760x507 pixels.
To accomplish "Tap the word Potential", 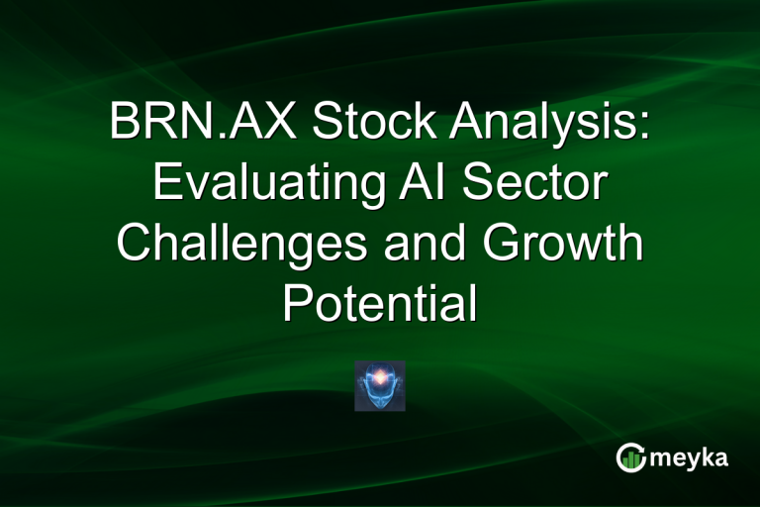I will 379,305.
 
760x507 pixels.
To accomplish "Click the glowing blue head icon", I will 380,386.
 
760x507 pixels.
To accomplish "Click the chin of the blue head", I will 380,402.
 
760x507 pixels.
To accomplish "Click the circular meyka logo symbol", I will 631,457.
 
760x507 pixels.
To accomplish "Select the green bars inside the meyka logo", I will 633,460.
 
